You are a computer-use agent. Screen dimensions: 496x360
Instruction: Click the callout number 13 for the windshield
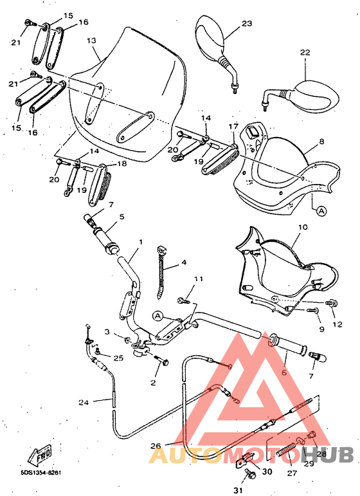(x=91, y=41)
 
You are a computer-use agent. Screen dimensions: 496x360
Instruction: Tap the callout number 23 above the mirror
(x=247, y=23)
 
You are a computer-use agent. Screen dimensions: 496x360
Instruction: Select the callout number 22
(x=304, y=52)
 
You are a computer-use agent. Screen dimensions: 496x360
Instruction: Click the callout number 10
(x=303, y=227)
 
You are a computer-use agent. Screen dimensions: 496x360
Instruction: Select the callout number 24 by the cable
(x=84, y=402)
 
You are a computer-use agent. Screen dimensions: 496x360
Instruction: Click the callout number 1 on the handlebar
(x=141, y=243)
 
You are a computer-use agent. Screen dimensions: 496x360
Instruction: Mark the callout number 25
(x=118, y=358)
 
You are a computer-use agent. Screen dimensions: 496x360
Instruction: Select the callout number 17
(x=233, y=127)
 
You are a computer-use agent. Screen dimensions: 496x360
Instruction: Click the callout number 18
(x=122, y=164)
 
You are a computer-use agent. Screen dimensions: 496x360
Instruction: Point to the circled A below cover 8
(x=320, y=209)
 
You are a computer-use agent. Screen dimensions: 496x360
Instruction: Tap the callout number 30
(x=267, y=471)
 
